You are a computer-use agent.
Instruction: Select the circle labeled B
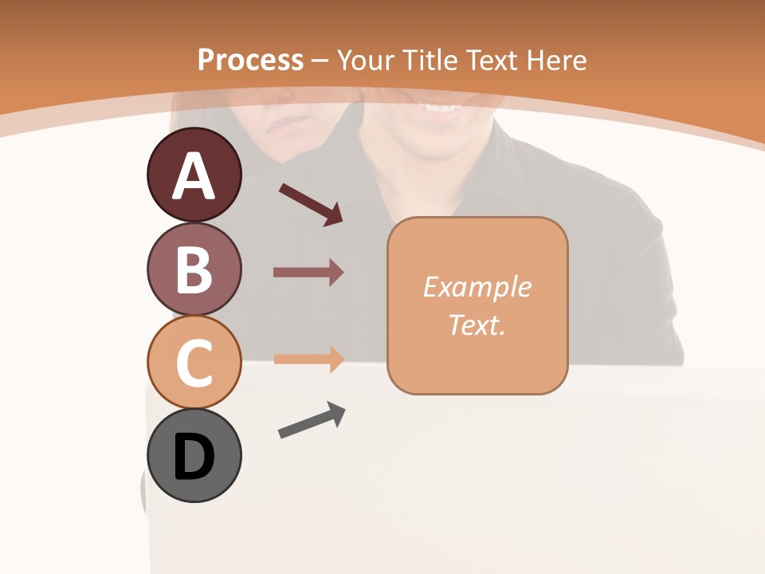tap(194, 269)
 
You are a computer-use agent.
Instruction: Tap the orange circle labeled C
tap(194, 361)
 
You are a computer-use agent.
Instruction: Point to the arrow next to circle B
tap(308, 273)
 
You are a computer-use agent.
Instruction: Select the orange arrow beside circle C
tap(308, 359)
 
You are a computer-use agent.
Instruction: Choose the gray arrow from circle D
tap(312, 420)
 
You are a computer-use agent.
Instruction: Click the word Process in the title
tap(250, 60)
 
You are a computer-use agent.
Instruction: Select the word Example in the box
tap(477, 287)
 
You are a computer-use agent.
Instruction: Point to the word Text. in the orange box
tap(477, 324)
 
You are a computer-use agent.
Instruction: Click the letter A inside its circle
tap(194, 177)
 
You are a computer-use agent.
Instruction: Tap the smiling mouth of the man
tap(443, 104)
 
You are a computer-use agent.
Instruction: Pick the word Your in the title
tap(363, 60)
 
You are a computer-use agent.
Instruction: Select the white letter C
tap(194, 363)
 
